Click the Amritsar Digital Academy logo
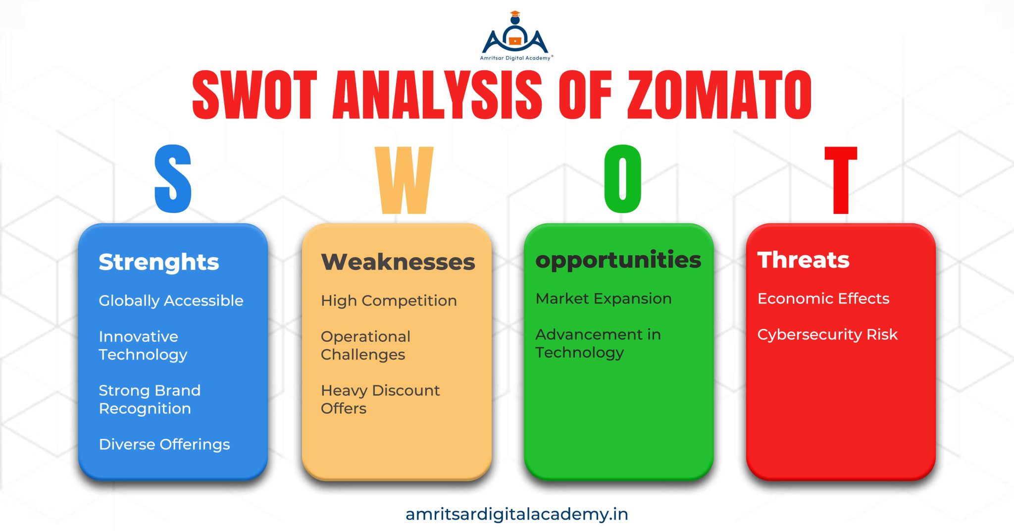(515, 37)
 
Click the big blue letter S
(173, 179)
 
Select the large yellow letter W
(404, 180)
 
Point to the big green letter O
(623, 179)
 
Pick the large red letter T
(841, 180)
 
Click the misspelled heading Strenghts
(158, 262)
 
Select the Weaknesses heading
(398, 262)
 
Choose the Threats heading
(803, 260)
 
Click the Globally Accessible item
(171, 301)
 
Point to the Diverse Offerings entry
(164, 444)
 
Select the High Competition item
(389, 301)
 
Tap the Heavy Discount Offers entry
(380, 399)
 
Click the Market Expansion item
(604, 299)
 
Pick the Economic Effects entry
(823, 299)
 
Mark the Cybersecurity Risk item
(827, 335)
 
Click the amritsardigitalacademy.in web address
(516, 514)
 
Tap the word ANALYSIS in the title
(437, 95)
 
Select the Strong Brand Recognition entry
(150, 399)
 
